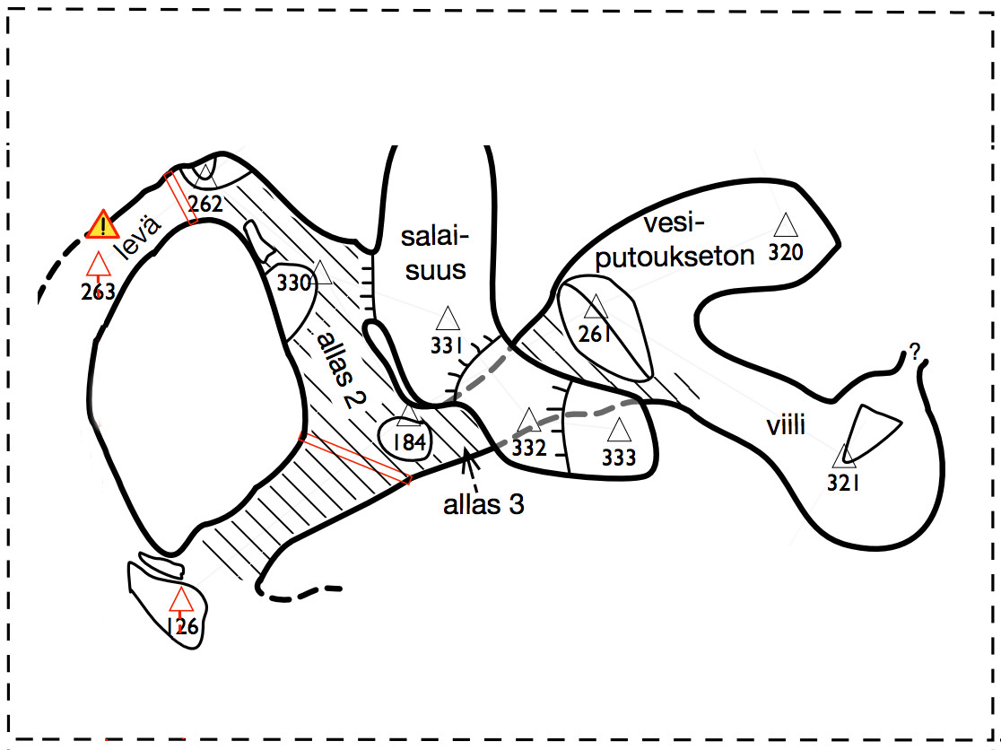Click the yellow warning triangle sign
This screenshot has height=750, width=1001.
point(104,224)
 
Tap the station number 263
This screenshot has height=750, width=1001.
point(97,292)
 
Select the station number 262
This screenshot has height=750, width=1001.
point(205,204)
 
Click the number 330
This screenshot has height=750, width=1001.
point(293,283)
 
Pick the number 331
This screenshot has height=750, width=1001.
point(446,346)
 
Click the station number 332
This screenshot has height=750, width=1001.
point(528,448)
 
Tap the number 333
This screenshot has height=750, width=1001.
point(619,458)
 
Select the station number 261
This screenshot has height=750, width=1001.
point(594,336)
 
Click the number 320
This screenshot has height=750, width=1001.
point(785,252)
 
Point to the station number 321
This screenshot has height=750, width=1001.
point(844,483)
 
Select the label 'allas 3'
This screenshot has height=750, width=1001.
point(483,504)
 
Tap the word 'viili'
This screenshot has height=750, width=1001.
point(786,425)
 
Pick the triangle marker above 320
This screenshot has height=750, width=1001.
point(786,225)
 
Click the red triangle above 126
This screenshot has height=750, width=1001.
point(182,598)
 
